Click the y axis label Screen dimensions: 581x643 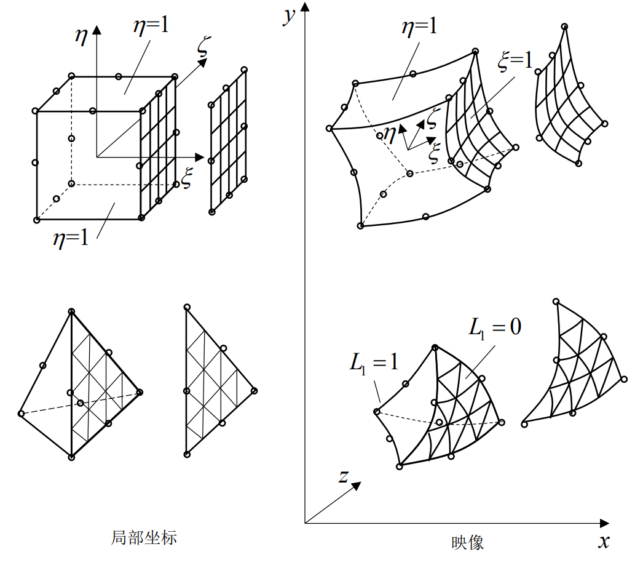click(287, 15)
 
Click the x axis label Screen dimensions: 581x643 click(604, 542)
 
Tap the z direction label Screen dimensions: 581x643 click(344, 475)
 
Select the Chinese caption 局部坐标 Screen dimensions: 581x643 click(144, 537)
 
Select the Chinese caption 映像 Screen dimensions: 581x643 click(468, 542)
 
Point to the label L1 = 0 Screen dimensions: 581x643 click(494, 327)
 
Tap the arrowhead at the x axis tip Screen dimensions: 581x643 click(605, 524)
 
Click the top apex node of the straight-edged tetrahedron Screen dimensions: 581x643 click(72, 312)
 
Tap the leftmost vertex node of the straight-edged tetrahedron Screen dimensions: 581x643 click(21, 414)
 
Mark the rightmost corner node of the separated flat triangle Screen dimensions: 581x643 click(253, 390)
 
